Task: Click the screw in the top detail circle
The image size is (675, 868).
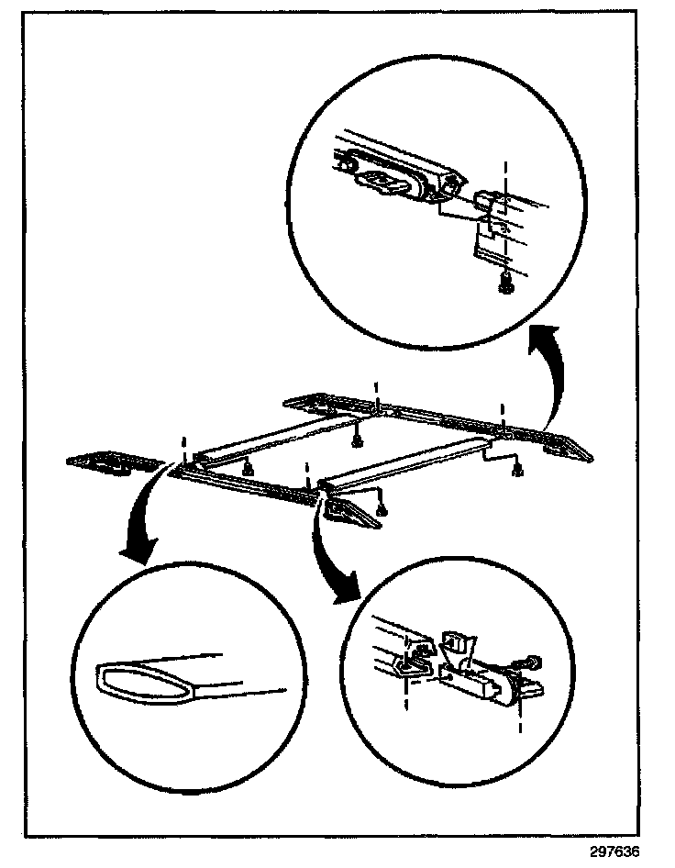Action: click(503, 287)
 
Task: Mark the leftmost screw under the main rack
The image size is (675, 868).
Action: click(247, 468)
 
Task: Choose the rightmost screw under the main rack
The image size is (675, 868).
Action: click(518, 472)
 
